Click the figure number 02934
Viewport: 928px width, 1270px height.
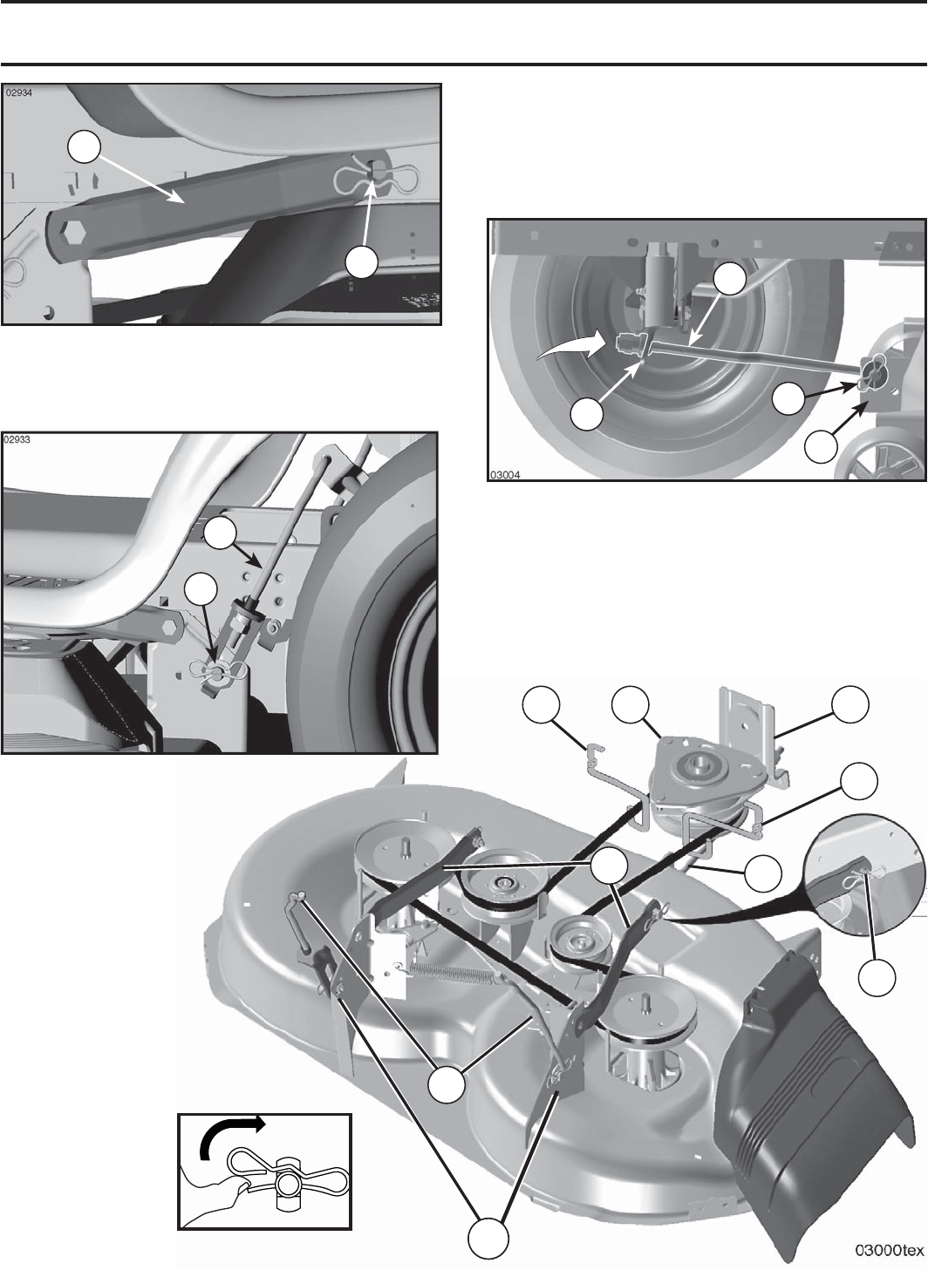pyautogui.click(x=18, y=93)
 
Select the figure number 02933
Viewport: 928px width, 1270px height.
pyautogui.click(x=18, y=439)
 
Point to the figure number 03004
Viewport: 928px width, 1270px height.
pyautogui.click(x=505, y=474)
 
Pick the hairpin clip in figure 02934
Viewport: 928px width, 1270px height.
pyautogui.click(x=377, y=177)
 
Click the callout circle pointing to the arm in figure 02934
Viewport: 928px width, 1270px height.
pyautogui.click(x=85, y=146)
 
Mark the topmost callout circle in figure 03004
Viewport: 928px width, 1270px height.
pyautogui.click(x=729, y=278)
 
